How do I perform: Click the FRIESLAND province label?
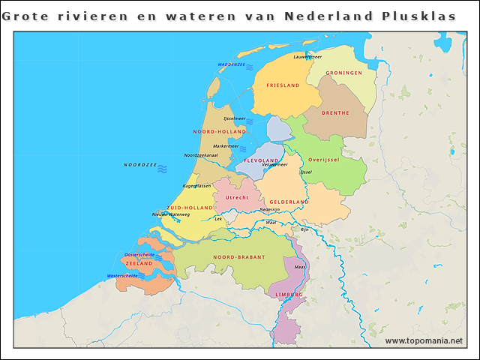point(283,85)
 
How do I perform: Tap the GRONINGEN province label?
point(344,73)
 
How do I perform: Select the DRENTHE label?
point(335,113)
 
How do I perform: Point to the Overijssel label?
point(324,160)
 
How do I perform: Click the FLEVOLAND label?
point(262,160)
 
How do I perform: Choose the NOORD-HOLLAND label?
point(220,131)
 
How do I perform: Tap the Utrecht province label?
point(237,197)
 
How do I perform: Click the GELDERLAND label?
point(289,202)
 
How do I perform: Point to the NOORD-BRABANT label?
point(239,257)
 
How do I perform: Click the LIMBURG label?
point(289,295)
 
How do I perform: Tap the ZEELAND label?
point(139,264)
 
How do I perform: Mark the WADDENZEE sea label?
point(232,65)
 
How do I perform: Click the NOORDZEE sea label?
point(140,164)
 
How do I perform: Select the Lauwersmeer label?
point(307,56)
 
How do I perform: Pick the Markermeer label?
point(226,146)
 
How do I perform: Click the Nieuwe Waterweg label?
point(171,214)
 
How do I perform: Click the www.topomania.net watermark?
point(424,341)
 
